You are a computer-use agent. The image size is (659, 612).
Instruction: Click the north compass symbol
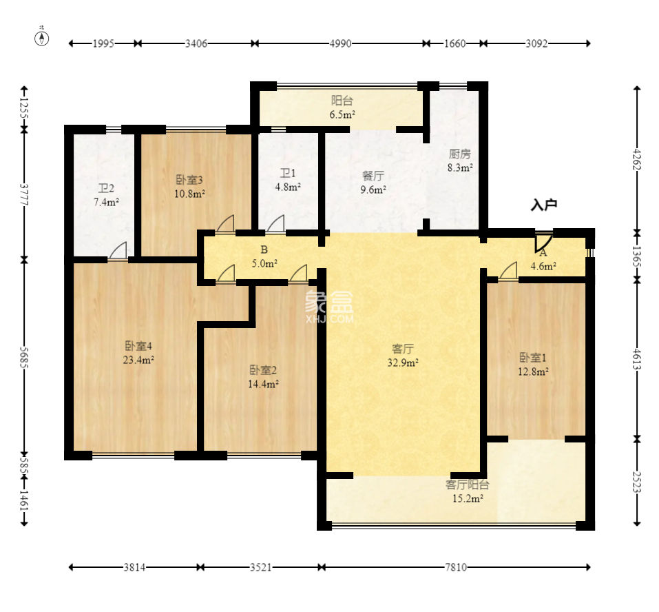tap(41, 38)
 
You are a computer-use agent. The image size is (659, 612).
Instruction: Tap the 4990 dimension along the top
tap(340, 43)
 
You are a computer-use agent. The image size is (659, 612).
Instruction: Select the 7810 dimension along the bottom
tap(456, 567)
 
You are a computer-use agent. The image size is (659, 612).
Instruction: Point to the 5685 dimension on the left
tap(23, 358)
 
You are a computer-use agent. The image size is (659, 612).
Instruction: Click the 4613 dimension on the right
tap(637, 359)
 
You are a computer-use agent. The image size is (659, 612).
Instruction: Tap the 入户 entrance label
tap(544, 205)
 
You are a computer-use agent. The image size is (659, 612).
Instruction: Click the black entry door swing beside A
tap(543, 242)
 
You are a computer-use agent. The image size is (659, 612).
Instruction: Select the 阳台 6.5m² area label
tap(342, 108)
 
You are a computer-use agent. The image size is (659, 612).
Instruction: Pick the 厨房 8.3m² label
tap(460, 161)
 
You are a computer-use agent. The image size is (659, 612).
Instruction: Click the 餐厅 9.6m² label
tap(373, 183)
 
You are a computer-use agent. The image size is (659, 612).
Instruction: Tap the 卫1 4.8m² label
tap(288, 180)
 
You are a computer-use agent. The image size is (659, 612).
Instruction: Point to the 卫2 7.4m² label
tap(106, 195)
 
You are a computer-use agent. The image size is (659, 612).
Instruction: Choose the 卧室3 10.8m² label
tap(189, 187)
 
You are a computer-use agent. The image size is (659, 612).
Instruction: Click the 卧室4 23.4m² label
tap(138, 353)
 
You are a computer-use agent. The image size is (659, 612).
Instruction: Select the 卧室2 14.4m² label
tap(264, 377)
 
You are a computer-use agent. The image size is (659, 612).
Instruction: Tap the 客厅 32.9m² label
tap(403, 356)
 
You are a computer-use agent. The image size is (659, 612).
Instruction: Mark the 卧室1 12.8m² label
tap(534, 365)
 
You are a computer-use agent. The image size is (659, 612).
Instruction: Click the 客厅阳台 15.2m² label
tap(468, 491)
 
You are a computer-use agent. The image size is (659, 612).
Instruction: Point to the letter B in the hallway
tap(264, 250)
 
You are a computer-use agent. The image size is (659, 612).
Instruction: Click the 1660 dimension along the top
tap(454, 43)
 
